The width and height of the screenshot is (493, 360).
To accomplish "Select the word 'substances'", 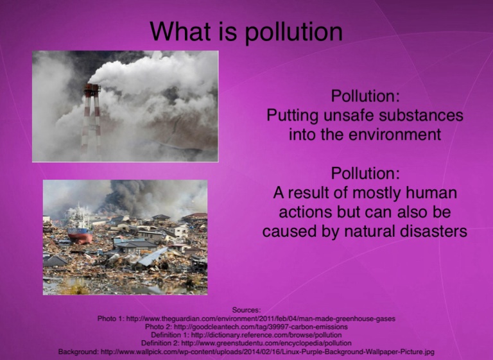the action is point(420,115).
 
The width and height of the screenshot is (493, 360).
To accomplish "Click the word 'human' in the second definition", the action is point(431,193).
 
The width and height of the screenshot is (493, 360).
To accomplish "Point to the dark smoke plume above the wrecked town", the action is point(139,196).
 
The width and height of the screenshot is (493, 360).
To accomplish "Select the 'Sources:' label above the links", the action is point(246,310).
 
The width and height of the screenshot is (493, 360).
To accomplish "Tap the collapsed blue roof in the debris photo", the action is point(153,256).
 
